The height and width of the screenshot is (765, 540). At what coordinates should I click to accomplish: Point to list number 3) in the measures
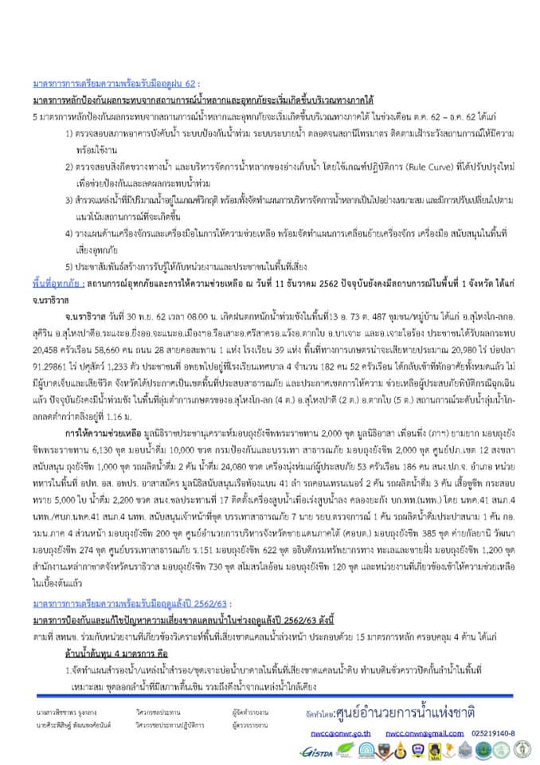tap(69, 198)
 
